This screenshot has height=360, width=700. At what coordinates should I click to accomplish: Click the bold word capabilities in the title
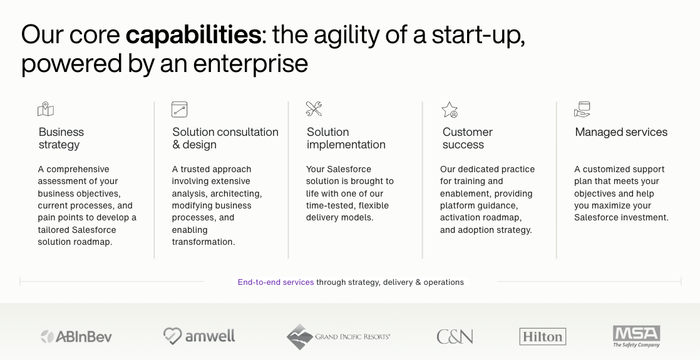click(x=193, y=34)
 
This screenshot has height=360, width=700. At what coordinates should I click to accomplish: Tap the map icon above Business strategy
click(x=46, y=110)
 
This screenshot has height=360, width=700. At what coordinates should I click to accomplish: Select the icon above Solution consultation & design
click(x=180, y=110)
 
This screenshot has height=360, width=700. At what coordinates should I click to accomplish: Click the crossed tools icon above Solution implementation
click(x=314, y=108)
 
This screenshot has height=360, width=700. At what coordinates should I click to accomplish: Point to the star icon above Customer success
click(x=450, y=110)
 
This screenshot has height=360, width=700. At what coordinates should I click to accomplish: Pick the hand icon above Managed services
click(x=582, y=110)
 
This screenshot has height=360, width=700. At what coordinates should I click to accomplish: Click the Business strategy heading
click(x=61, y=138)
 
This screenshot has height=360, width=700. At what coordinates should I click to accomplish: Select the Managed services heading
click(x=621, y=132)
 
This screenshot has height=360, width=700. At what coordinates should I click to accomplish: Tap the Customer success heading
click(x=468, y=138)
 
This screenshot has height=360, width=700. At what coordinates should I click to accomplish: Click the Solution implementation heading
click(x=346, y=138)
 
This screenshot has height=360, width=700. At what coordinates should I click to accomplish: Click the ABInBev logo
click(x=76, y=336)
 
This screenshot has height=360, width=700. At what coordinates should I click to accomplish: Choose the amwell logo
click(x=199, y=336)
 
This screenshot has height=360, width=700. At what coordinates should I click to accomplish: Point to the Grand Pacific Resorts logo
click(x=338, y=337)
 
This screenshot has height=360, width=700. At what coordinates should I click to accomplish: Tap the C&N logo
click(x=455, y=337)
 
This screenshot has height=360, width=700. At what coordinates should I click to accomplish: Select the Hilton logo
click(x=542, y=336)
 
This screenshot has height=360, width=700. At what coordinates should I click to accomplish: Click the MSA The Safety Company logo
click(x=636, y=336)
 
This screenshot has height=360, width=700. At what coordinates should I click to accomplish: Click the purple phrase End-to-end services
click(x=276, y=282)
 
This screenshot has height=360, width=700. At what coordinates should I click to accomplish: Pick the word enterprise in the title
click(x=250, y=63)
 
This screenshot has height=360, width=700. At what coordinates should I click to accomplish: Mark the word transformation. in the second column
click(x=203, y=242)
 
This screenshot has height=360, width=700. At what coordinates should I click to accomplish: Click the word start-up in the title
click(x=478, y=35)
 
